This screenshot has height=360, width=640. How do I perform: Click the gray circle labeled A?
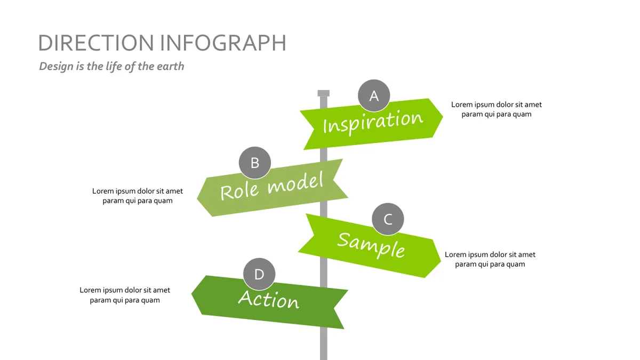pos(374,95)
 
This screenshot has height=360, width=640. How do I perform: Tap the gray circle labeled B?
pos(254,163)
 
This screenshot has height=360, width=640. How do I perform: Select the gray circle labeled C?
pos(388,219)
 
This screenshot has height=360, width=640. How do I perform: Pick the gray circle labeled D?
pos(259,274)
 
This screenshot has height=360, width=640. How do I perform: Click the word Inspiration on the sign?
pos(373,122)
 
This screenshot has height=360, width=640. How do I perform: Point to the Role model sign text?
pos(271,186)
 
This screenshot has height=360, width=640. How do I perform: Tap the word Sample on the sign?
pos(371,245)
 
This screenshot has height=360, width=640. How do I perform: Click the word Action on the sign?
pos(269,299)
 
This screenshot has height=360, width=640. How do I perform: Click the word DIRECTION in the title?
pos(96,43)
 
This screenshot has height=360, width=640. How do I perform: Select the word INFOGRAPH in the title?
pos(223,43)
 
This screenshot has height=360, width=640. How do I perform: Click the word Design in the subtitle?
pos(57,67)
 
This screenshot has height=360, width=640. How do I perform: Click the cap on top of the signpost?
pos(323,93)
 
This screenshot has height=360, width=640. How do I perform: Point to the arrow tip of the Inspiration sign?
pos(443,117)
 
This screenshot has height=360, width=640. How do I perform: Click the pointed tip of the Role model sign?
pos(197,197)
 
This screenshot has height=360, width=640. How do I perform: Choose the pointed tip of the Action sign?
pos(191,294)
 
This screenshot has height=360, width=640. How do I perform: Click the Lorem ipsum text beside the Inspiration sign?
pos(497,109)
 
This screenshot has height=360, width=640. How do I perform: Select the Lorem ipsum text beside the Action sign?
pos(125,295)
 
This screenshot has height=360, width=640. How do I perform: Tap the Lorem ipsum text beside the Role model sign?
pos(138,196)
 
